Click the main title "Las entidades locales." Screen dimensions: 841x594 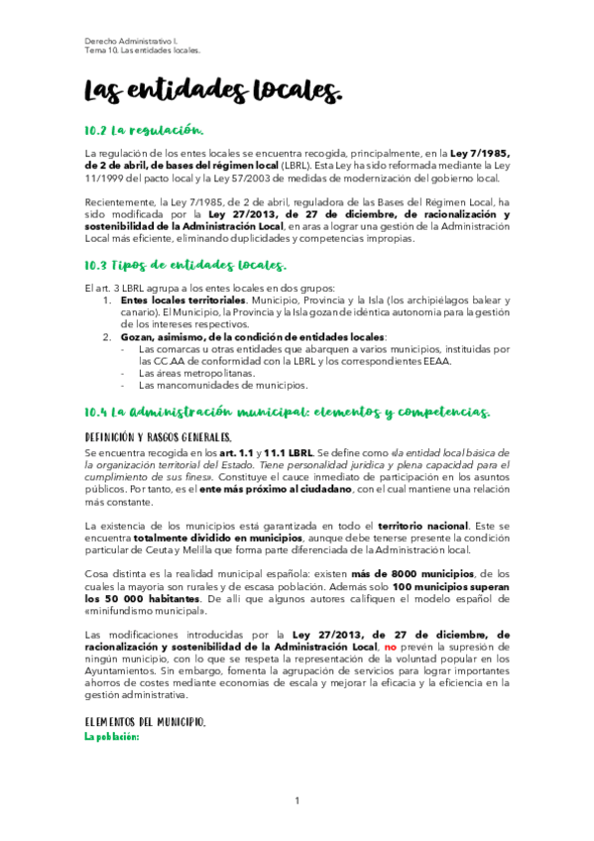click(213, 91)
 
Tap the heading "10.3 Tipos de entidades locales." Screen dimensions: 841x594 click(185, 265)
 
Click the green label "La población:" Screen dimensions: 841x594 click(112, 737)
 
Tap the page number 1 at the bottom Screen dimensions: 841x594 click(297, 800)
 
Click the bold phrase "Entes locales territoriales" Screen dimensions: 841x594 click(182, 300)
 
